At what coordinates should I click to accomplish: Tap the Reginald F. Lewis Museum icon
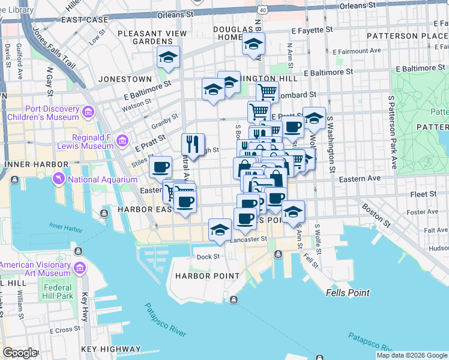(123, 140)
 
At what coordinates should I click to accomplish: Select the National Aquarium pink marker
(59, 179)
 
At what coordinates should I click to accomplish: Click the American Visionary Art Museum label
(36, 268)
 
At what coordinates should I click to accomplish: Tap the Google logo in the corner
(20, 352)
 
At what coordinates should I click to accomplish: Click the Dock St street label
(209, 257)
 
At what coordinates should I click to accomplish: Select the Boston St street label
(376, 216)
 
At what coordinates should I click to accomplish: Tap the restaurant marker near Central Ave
(193, 144)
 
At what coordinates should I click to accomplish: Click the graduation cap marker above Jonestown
(169, 57)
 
